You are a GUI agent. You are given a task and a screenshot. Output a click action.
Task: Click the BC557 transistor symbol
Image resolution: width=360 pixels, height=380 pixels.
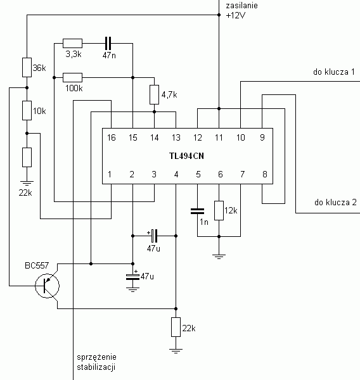47,286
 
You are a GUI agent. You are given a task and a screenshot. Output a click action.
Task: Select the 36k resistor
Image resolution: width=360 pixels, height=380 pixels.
27,67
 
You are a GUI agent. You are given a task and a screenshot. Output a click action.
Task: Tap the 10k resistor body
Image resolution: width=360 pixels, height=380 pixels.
27,110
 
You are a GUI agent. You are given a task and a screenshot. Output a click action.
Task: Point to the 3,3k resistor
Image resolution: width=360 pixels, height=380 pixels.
72,43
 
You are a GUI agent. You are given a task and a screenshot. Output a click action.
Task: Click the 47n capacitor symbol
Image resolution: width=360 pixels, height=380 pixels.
108,43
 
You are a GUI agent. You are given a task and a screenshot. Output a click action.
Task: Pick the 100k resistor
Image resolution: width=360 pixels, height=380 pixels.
72,77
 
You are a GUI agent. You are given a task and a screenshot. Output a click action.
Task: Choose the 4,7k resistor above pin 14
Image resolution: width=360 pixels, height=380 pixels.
154,95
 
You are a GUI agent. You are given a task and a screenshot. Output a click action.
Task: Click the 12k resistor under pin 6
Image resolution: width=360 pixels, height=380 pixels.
219,211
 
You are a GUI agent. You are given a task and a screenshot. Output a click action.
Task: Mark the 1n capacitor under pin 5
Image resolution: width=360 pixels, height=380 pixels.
198,212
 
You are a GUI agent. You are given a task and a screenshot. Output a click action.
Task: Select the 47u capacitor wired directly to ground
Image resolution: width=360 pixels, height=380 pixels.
132,277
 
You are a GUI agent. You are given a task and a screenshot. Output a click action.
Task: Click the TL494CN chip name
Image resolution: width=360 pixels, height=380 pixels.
186,156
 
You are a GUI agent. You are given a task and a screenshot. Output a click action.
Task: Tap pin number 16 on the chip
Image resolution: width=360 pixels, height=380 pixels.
112,137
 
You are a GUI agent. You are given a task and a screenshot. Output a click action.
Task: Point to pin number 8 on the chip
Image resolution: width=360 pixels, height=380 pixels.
265,174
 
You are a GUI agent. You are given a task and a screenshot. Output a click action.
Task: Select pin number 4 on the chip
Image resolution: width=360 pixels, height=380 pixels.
176,174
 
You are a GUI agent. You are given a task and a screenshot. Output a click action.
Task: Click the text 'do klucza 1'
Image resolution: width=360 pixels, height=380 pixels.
334,72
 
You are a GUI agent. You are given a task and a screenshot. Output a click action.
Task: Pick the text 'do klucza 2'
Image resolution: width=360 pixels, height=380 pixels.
335,202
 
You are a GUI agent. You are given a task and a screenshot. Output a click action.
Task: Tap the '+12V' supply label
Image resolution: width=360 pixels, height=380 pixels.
236,15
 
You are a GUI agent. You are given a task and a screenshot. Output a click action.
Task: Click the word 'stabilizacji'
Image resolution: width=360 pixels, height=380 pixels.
96,367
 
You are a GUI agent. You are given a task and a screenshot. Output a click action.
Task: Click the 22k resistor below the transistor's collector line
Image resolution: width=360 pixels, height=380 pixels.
176,327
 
